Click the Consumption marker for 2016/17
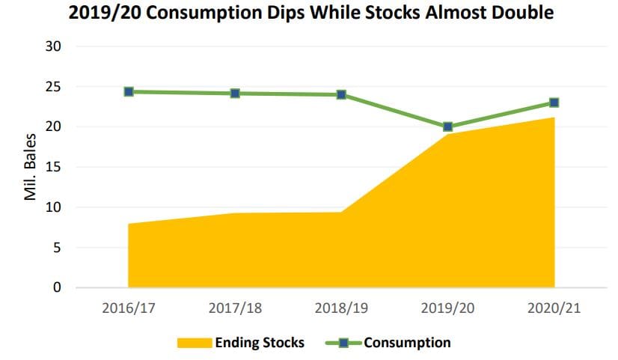[129, 92]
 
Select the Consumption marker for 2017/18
[235, 94]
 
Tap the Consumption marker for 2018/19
[341, 94]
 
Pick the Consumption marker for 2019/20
[447, 126]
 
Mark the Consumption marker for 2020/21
[554, 103]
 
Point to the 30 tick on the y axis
[53, 46]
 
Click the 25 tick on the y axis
[53, 87]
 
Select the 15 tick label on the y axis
[53, 167]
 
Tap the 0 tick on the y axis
[57, 287]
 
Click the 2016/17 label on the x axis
[129, 308]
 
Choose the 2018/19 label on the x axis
[341, 308]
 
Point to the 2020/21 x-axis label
[554, 308]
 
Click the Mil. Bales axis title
[31, 167]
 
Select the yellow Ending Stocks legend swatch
[195, 343]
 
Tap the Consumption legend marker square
[343, 343]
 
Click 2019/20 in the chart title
[105, 13]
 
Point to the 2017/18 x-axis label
[235, 308]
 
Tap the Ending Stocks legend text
[260, 343]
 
